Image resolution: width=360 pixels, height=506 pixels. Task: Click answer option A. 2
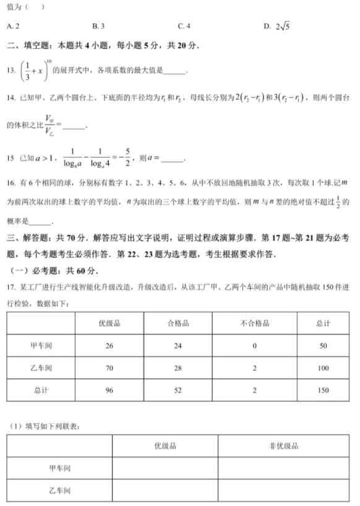point(14,26)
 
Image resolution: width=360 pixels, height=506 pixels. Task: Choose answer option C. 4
point(184,26)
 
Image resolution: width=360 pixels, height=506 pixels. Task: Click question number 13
point(11,71)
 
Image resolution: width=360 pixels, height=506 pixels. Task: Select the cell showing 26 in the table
point(109,346)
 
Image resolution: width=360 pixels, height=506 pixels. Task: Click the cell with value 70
point(109,368)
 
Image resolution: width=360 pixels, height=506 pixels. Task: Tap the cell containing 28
point(178,368)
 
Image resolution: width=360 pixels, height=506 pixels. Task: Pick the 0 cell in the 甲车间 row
point(255,346)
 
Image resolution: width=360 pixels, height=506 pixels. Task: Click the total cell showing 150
point(323,390)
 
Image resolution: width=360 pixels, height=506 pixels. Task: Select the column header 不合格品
point(255,324)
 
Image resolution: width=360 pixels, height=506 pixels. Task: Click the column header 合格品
point(178,324)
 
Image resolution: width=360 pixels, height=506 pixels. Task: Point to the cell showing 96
point(109,390)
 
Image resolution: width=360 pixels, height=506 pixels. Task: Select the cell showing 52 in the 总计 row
point(178,390)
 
